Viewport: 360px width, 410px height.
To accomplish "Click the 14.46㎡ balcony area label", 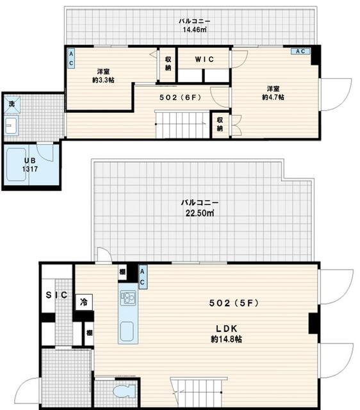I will point(194,29).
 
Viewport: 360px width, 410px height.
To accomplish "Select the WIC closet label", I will point(204,59).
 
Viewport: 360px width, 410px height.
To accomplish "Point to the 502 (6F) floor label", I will point(181,98).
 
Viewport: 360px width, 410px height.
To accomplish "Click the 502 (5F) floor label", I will point(234,302).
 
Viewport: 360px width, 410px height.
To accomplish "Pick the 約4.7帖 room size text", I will point(274,97).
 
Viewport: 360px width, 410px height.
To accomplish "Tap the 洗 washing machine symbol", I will point(11,102).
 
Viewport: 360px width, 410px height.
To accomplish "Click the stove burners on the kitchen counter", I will point(127,298).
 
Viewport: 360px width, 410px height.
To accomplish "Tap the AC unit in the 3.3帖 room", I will point(70,60).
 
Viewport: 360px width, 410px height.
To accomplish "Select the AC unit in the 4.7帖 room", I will point(300,51).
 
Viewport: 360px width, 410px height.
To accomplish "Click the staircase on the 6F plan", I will point(182,124).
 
